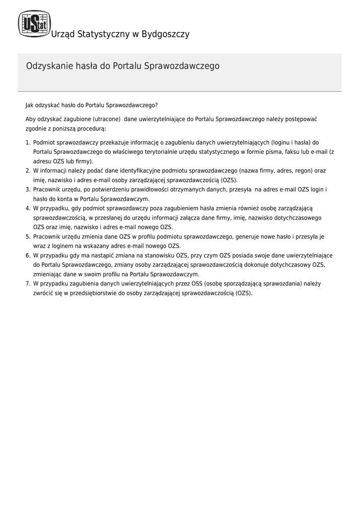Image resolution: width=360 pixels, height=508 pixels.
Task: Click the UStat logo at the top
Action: tap(34, 24)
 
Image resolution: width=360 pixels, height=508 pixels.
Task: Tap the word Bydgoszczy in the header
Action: tap(165, 34)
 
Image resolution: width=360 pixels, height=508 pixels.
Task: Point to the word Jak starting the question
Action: tap(30, 105)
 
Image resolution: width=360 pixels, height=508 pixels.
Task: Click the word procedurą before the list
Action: tap(91, 128)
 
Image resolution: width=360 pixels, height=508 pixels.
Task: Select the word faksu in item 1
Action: tap(288, 152)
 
